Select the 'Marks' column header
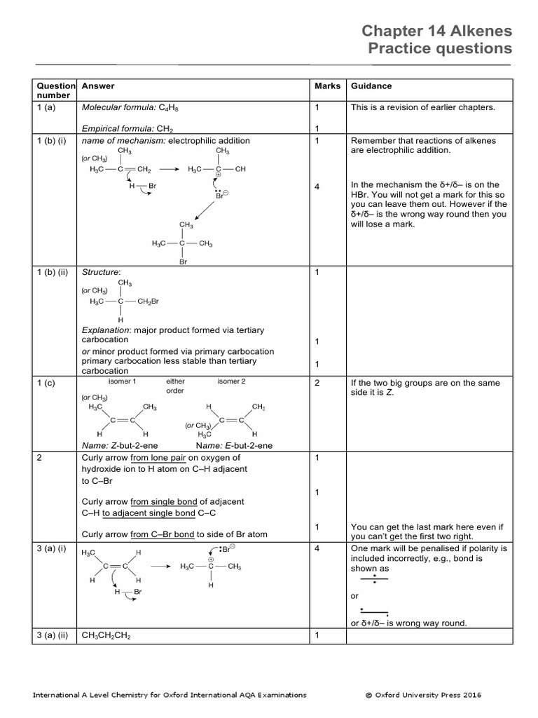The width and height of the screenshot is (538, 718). point(327,86)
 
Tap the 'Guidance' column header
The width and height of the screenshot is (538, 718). point(371,86)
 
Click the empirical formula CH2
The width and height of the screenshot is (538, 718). point(165,129)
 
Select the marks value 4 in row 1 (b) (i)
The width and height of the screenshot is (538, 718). point(317,187)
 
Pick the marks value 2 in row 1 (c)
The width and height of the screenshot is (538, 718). point(317,384)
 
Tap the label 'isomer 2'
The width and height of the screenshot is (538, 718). point(231,382)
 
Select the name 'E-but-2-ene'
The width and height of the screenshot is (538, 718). point(249,445)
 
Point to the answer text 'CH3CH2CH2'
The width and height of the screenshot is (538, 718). point(107,636)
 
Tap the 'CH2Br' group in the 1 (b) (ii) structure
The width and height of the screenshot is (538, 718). point(149,302)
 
